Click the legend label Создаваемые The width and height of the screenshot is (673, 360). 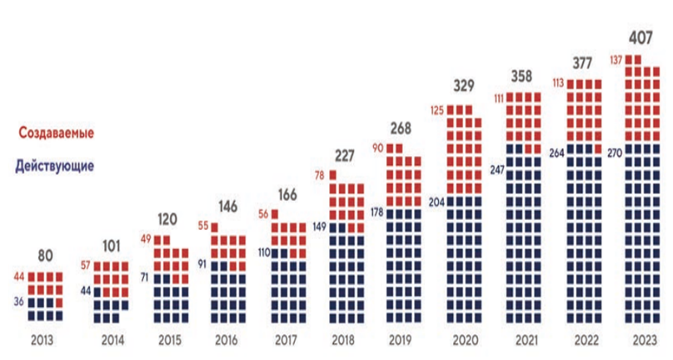pyautogui.click(x=56, y=133)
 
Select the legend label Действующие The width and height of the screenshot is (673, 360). pyautogui.click(x=56, y=165)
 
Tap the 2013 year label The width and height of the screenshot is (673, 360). pyautogui.click(x=45, y=340)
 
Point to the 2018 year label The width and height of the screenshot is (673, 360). pyautogui.click(x=343, y=340)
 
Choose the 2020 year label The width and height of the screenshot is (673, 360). pyautogui.click(x=463, y=340)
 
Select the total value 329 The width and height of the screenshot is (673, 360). pyautogui.click(x=463, y=86)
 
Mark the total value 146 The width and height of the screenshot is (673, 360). pyautogui.click(x=226, y=204)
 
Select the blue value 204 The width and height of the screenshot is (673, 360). pyautogui.click(x=436, y=201)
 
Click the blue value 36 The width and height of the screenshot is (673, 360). pyautogui.click(x=21, y=302)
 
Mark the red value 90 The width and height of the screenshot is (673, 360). pyautogui.click(x=377, y=148)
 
